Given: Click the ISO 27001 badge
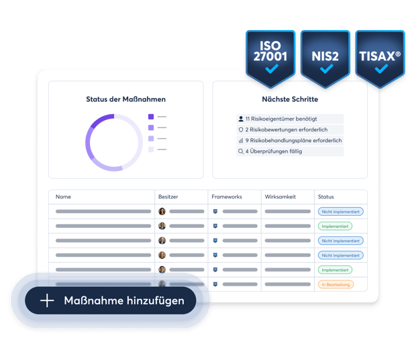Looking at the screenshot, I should pyautogui.click(x=270, y=57).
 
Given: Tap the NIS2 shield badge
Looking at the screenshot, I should pyautogui.click(x=326, y=57).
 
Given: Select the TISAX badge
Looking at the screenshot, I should pyautogui.click(x=380, y=57).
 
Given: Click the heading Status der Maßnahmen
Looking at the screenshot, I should pyautogui.click(x=125, y=99).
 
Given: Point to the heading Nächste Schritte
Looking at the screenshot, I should pyautogui.click(x=290, y=99).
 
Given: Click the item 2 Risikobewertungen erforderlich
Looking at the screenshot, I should pyautogui.click(x=286, y=129).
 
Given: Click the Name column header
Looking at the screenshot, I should pyautogui.click(x=63, y=197).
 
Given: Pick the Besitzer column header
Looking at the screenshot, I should pyautogui.click(x=168, y=197).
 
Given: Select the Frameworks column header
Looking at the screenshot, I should pyautogui.click(x=226, y=197).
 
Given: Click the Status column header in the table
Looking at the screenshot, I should pyautogui.click(x=325, y=197).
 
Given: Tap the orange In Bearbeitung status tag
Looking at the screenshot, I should pyautogui.click(x=335, y=284).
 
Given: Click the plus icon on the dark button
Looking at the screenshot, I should pyautogui.click(x=47, y=301).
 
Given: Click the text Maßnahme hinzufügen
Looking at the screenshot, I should pyautogui.click(x=123, y=301).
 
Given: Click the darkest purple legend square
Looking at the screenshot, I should pyautogui.click(x=151, y=117).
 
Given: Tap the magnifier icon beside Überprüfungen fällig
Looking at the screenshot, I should pyautogui.click(x=241, y=152).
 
